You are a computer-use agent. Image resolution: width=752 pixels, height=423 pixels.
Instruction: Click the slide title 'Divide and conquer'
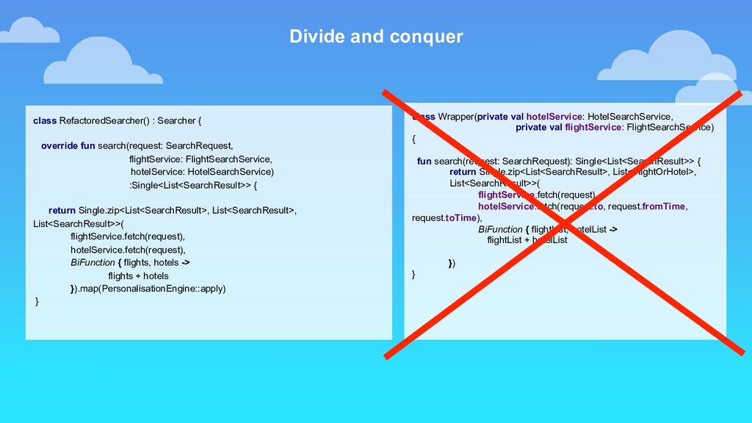pyautogui.click(x=376, y=37)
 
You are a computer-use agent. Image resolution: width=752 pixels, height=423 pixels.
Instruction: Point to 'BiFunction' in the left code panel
pyautogui.click(x=93, y=262)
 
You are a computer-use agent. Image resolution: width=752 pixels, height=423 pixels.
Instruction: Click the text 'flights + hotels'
pyautogui.click(x=138, y=276)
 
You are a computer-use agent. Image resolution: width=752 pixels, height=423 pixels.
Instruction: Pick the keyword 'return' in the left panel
pyautogui.click(x=62, y=211)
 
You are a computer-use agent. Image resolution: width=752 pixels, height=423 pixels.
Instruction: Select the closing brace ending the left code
pyautogui.click(x=37, y=302)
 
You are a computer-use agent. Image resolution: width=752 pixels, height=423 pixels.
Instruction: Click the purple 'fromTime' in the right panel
pyautogui.click(x=663, y=206)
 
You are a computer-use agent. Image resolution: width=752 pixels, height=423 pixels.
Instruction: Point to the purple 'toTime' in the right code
pyautogui.click(x=460, y=218)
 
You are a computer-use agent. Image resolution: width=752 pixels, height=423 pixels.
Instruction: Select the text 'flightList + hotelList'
pyautogui.click(x=527, y=240)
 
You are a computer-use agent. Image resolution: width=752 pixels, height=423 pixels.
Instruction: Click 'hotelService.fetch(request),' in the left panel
pyautogui.click(x=128, y=250)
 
